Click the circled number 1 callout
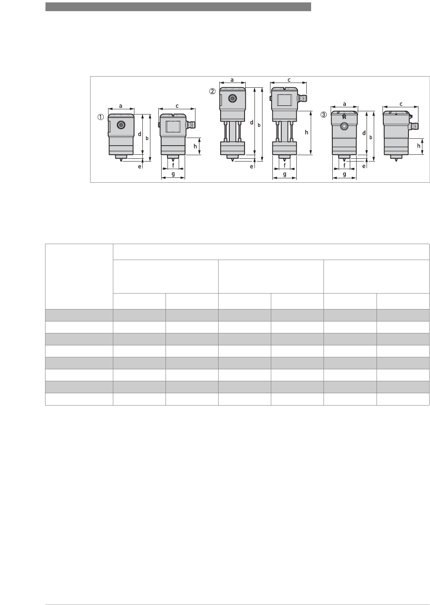(x=101, y=117)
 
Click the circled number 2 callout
(x=213, y=91)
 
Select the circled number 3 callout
(x=323, y=115)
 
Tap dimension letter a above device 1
(x=121, y=106)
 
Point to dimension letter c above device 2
(x=289, y=80)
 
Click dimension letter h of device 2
(x=307, y=132)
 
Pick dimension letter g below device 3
(x=344, y=174)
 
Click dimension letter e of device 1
(x=140, y=167)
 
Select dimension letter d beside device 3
(x=364, y=133)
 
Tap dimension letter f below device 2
(x=285, y=165)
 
